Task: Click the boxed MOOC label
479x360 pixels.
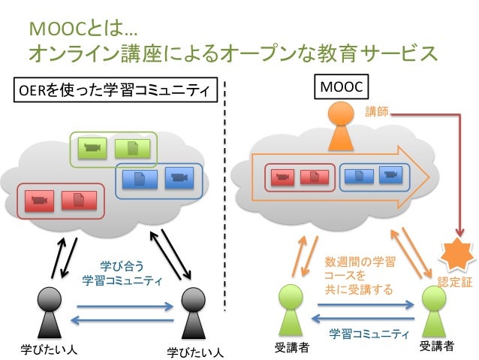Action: point(341,87)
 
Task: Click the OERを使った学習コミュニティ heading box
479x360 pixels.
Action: point(116,90)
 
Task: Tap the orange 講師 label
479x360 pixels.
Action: point(377,112)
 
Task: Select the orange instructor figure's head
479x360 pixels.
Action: point(341,113)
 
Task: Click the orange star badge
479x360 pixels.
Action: point(457,255)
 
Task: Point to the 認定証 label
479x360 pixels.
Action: point(455,282)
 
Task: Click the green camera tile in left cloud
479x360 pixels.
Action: point(92,148)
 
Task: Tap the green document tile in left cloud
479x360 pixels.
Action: point(133,149)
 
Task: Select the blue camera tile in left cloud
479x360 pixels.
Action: point(179,177)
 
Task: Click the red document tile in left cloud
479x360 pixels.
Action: point(79,201)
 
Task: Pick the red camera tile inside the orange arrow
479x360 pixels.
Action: point(283,177)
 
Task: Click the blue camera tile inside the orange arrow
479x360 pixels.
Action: point(390,175)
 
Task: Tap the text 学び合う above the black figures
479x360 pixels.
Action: point(122,266)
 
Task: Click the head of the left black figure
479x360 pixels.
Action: point(50,299)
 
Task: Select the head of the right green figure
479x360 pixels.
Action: point(434,298)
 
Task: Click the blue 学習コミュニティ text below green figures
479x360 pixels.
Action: point(369,334)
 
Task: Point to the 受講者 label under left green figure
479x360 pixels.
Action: point(291,348)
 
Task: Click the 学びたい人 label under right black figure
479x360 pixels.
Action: point(195,352)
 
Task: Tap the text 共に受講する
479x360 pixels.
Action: point(359,289)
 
